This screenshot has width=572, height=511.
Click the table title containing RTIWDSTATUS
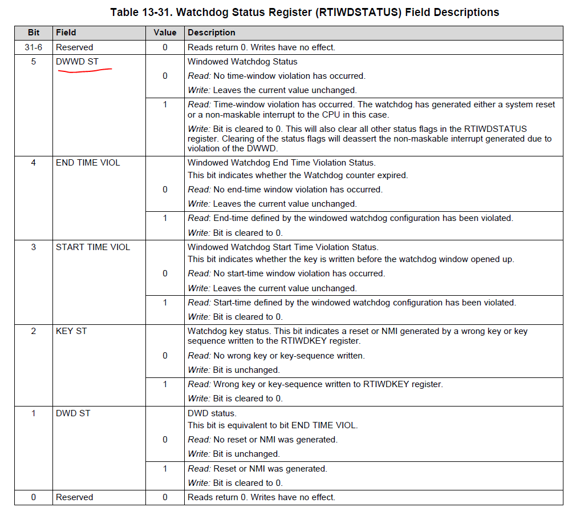pos(305,12)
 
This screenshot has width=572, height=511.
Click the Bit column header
pos(34,33)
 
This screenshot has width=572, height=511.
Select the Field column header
pos(66,33)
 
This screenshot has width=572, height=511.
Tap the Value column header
pos(165,33)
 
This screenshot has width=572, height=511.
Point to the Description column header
pos(212,33)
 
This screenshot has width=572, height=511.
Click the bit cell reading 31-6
pos(34,47)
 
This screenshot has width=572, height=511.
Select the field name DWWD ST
pos(78,61)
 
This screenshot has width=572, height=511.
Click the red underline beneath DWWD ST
pos(84,71)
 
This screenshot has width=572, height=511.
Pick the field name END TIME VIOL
pos(88,163)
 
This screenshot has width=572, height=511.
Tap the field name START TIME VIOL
pos(93,247)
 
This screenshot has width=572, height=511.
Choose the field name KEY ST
pos(71,331)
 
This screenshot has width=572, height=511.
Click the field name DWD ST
pos(73,413)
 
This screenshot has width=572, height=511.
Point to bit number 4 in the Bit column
pos(34,163)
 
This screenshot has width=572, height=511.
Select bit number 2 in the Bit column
pos(34,331)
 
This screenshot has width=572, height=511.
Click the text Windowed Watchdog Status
pos(242,62)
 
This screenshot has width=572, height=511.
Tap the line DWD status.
pos(212,413)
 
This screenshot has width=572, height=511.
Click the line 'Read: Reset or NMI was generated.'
pos(258,469)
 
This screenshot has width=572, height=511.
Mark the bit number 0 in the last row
pos(34,497)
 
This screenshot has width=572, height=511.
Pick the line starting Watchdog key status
pos(358,331)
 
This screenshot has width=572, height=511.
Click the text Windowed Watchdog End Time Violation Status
pos(282,163)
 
